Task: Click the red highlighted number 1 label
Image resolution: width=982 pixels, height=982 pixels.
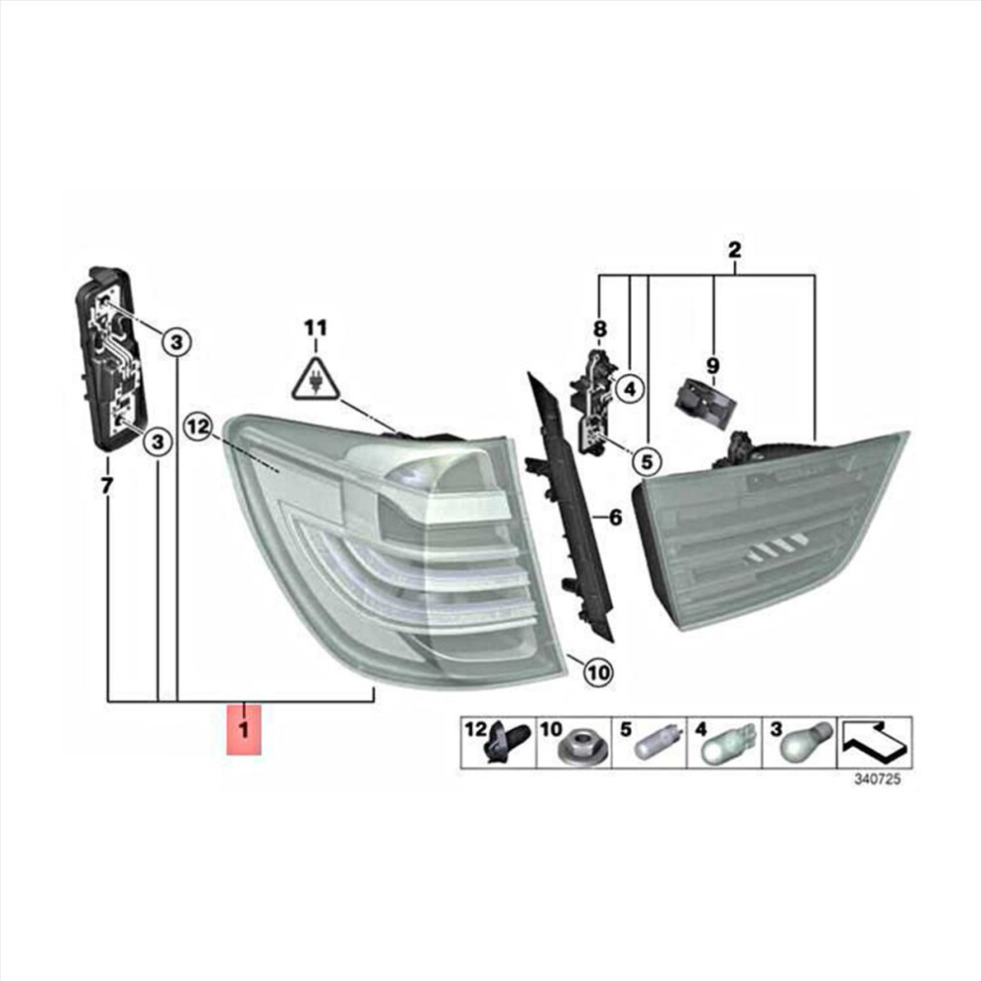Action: pyautogui.click(x=244, y=729)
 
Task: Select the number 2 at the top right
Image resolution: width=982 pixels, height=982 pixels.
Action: pyautogui.click(x=735, y=251)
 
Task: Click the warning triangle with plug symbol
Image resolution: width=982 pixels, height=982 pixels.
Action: pyautogui.click(x=315, y=378)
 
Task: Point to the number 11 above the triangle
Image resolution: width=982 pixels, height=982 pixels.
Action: pyautogui.click(x=315, y=327)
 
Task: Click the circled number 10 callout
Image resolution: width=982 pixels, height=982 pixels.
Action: pyautogui.click(x=599, y=673)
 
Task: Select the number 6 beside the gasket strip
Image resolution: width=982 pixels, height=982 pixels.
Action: pyautogui.click(x=616, y=518)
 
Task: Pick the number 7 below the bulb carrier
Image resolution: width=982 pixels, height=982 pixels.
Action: pyautogui.click(x=107, y=485)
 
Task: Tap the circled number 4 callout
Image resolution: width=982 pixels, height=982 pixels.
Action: pyautogui.click(x=630, y=389)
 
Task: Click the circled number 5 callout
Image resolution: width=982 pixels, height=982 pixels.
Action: pyautogui.click(x=647, y=461)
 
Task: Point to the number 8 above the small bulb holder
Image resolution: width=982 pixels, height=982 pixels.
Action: pyautogui.click(x=600, y=328)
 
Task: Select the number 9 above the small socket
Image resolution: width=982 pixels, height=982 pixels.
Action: pyautogui.click(x=712, y=365)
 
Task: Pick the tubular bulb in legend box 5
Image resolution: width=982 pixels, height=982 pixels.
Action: pyautogui.click(x=657, y=743)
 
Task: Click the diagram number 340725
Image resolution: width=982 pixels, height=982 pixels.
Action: pyautogui.click(x=878, y=780)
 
